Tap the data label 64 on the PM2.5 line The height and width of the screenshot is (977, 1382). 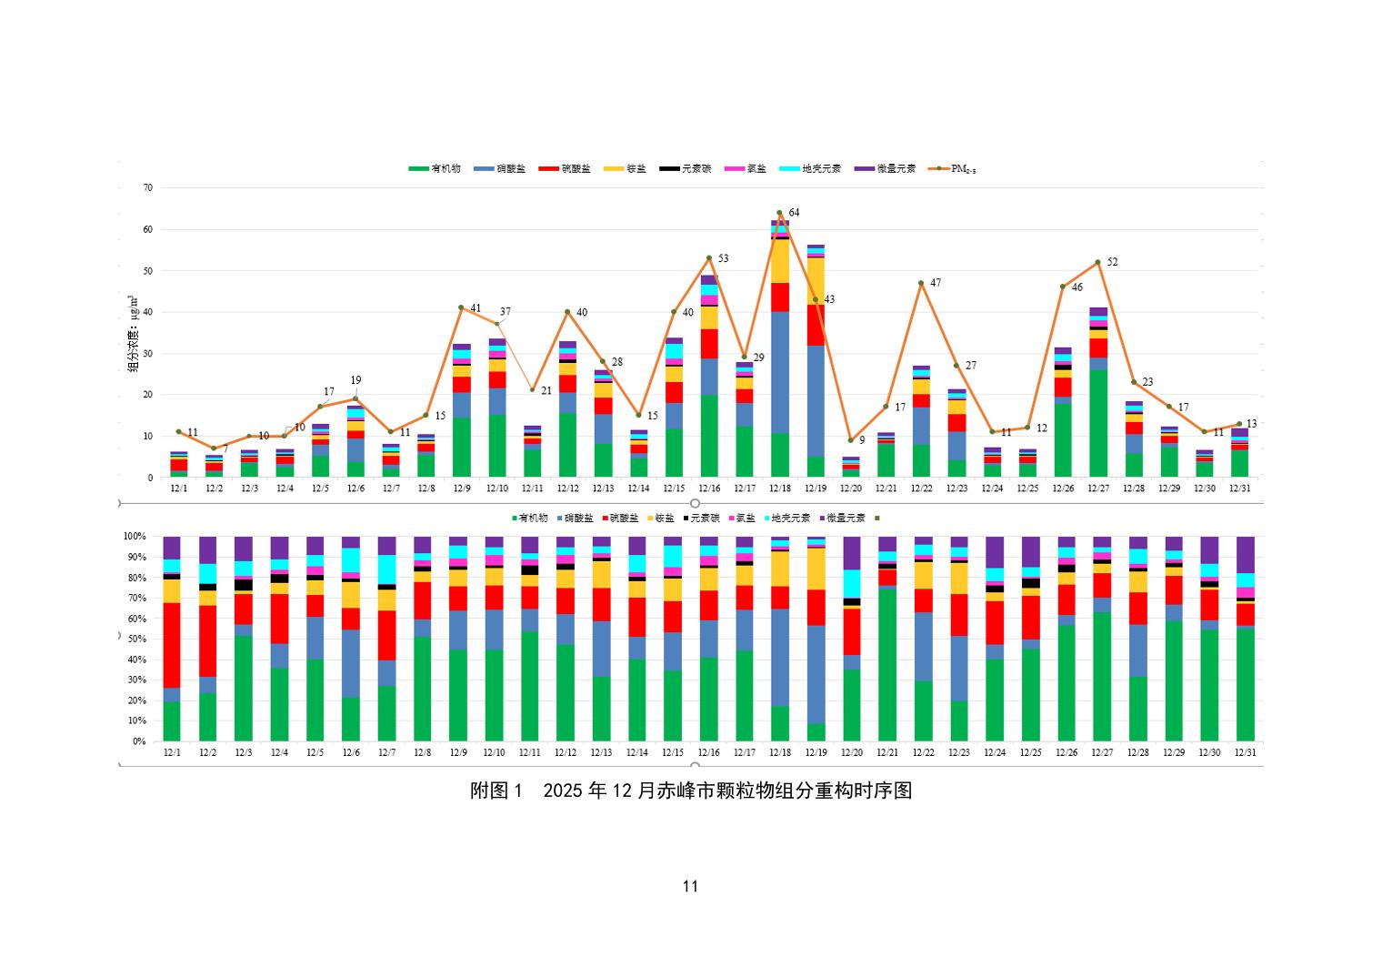click(794, 213)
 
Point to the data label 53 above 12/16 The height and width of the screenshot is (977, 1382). click(723, 259)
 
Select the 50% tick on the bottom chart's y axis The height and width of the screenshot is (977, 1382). click(135, 640)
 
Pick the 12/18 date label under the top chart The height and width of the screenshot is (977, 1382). click(780, 488)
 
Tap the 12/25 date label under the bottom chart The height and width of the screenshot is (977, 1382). click(1030, 753)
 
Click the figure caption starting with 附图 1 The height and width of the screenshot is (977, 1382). click(690, 791)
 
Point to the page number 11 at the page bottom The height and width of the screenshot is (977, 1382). click(690, 887)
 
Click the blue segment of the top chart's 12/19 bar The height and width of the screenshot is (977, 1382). click(816, 400)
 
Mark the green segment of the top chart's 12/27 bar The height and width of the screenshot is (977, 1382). click(1098, 423)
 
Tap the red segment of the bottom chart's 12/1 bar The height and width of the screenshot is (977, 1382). click(172, 645)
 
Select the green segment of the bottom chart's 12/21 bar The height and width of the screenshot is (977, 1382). click(887, 664)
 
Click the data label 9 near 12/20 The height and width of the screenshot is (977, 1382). click(862, 440)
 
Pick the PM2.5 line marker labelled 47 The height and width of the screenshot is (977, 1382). click(921, 283)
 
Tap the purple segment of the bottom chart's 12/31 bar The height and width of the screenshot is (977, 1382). click(1245, 554)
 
